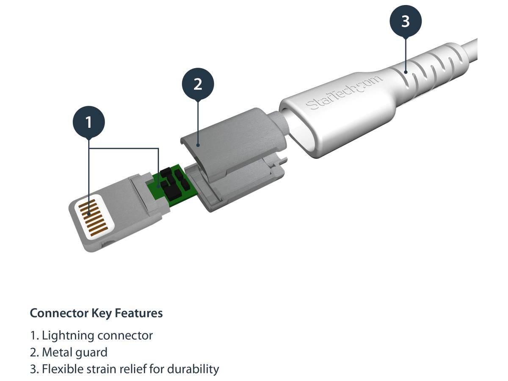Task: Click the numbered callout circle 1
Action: pos(88,122)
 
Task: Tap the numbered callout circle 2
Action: pos(198,84)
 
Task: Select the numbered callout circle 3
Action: pos(406,21)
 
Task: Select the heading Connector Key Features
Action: pos(96,313)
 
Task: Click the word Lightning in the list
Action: pos(68,336)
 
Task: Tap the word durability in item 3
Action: pos(193,369)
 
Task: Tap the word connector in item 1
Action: pos(125,336)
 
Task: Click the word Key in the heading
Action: pos(102,313)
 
